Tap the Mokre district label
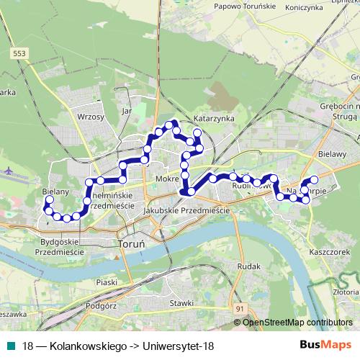(166, 177)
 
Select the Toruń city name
(130, 244)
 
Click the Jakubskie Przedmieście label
(186, 210)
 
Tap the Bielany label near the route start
(55, 192)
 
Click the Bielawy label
(333, 153)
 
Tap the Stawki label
(181, 304)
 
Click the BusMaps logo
(327, 345)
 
